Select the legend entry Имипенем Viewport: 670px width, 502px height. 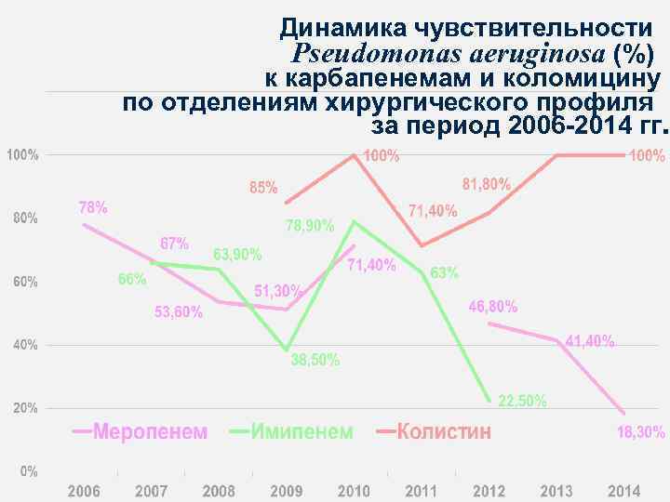point(303,432)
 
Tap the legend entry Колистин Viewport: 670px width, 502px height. point(445,432)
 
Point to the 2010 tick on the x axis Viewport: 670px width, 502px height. point(354,490)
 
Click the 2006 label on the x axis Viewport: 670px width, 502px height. point(84,490)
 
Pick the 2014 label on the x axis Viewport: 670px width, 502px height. point(623,490)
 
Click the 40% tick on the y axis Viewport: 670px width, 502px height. point(23,345)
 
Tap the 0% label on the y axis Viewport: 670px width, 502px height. point(29,471)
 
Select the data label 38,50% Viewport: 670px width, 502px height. point(315,360)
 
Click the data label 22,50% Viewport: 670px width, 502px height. point(523,402)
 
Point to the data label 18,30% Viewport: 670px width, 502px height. point(641,432)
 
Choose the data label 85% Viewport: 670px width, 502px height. point(263,187)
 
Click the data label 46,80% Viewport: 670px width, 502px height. point(493,307)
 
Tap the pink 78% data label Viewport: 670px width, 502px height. point(92,206)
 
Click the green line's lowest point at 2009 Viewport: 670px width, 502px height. point(287,350)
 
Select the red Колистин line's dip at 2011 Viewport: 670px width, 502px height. point(422,245)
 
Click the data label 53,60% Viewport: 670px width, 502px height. point(178,312)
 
